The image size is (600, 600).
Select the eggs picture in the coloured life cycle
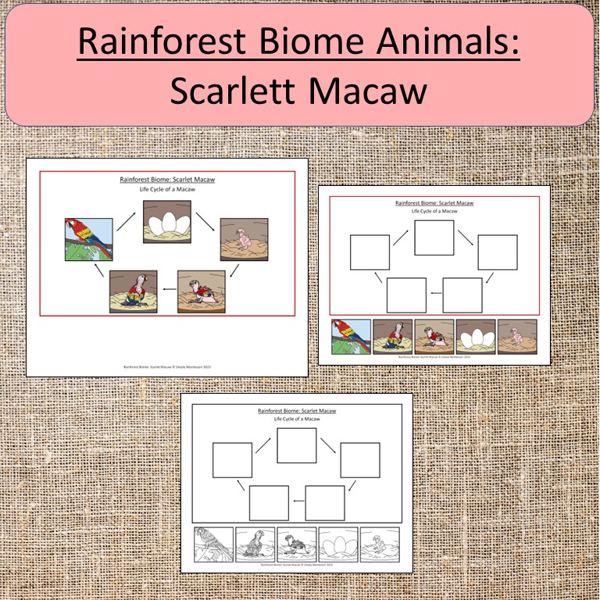pos(166,223)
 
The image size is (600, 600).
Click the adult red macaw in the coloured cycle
pos(88,239)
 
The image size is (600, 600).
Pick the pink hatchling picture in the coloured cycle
pos(244,239)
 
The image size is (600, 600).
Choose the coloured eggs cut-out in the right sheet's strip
pos(477,337)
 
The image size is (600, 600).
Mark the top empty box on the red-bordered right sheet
pos(434,237)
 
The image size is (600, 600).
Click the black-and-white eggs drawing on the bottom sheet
pos(338,544)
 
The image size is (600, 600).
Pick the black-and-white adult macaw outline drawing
pos(213,544)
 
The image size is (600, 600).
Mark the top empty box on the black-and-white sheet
pos(297,445)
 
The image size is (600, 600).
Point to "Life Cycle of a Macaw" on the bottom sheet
pos(297,420)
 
